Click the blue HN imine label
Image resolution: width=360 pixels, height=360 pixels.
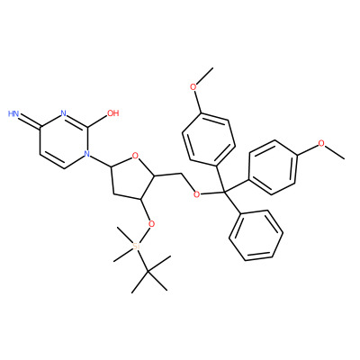coord(13,113)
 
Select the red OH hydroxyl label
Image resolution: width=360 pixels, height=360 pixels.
coord(113,113)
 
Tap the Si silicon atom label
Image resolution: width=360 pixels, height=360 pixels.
coord(137,247)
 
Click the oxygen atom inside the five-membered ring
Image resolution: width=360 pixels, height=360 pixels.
coord(135,156)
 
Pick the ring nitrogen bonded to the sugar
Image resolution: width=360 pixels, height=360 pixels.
coord(87,154)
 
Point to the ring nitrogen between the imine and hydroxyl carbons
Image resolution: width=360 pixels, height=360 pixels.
coord(63,113)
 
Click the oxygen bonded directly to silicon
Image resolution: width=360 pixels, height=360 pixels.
coord(152,224)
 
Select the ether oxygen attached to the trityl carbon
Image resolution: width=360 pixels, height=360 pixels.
coord(197,194)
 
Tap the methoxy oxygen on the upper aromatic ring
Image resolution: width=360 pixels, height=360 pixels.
coord(193,87)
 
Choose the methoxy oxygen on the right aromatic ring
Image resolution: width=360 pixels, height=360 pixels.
coord(321,143)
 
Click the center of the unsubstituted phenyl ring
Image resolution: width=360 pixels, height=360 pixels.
coord(256,235)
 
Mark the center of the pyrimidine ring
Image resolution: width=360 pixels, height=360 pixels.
coord(63,140)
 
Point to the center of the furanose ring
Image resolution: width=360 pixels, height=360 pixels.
coord(133,178)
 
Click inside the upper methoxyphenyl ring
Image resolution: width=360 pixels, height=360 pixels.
coord(209,139)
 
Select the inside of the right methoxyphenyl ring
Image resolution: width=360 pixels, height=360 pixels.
coord(273,167)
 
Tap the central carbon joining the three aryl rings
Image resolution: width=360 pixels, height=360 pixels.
coord(224,191)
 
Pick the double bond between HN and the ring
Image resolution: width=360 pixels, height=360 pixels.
coord(30,121)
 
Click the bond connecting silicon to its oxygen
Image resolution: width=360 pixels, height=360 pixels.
coord(145,235)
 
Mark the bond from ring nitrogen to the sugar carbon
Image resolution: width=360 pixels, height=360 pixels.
coord(101,160)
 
